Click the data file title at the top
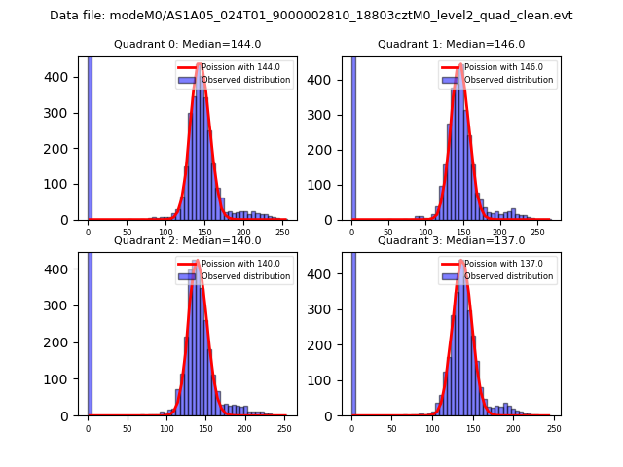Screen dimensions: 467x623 coord(311,16)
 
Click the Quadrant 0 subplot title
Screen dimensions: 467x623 coord(187,44)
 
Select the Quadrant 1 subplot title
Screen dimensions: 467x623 coord(451,44)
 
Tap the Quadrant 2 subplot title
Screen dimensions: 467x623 coord(187,240)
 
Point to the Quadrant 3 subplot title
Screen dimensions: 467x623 coord(451,240)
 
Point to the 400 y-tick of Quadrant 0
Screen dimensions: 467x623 coord(61,77)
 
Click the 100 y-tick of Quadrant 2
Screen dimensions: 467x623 coord(61,379)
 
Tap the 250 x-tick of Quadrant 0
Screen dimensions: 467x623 coord(244,233)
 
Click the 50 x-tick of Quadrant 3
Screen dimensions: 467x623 coord(391,428)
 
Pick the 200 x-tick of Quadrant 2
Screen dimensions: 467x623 coord(205,428)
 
